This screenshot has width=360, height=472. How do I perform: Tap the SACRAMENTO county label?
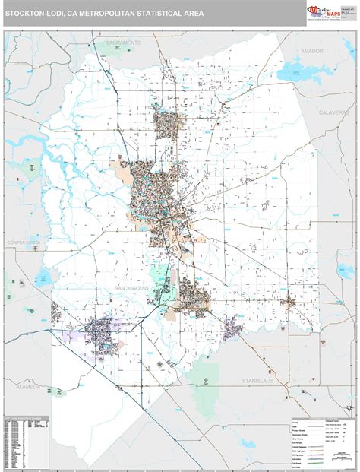pyautogui.click(x=123, y=43)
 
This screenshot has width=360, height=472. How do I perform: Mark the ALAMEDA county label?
pyautogui.click(x=27, y=386)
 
